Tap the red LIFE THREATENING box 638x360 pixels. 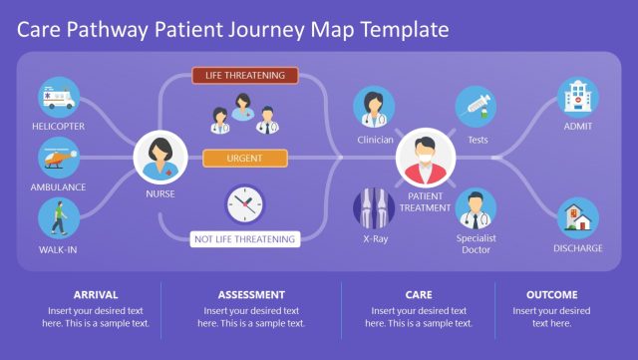pyautogui.click(x=245, y=75)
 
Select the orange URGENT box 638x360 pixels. pyautogui.click(x=245, y=158)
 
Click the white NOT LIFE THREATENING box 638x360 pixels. pyautogui.click(x=245, y=239)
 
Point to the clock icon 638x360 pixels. pyautogui.click(x=244, y=204)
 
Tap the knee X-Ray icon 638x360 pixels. pyautogui.click(x=375, y=208)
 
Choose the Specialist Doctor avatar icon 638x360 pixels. pyautogui.click(x=477, y=208)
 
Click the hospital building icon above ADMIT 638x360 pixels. pyautogui.click(x=578, y=97)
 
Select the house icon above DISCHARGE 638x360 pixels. pyautogui.click(x=578, y=217)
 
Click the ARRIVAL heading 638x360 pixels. pyautogui.click(x=96, y=294)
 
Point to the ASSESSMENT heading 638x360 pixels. pyautogui.click(x=251, y=294)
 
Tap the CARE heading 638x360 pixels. pyautogui.click(x=418, y=294)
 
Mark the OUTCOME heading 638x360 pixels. pyautogui.click(x=551, y=294)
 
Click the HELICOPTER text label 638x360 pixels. pyautogui.click(x=58, y=127)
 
